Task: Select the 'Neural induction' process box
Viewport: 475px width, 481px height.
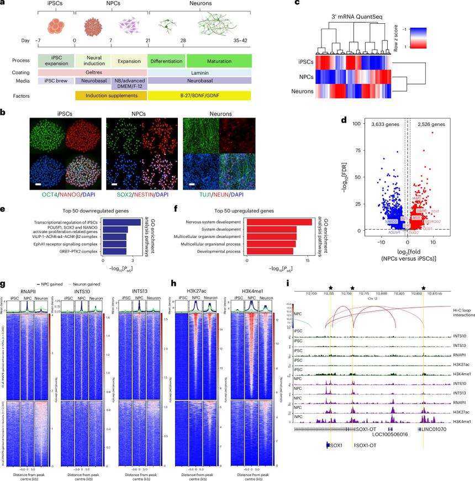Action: tap(92, 61)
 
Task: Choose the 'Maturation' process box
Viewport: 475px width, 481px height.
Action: tap(219, 61)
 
